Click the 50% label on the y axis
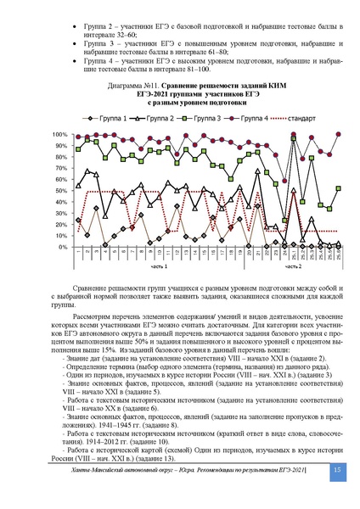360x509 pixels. coord(62,191)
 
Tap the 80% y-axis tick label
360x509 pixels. coord(62,157)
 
